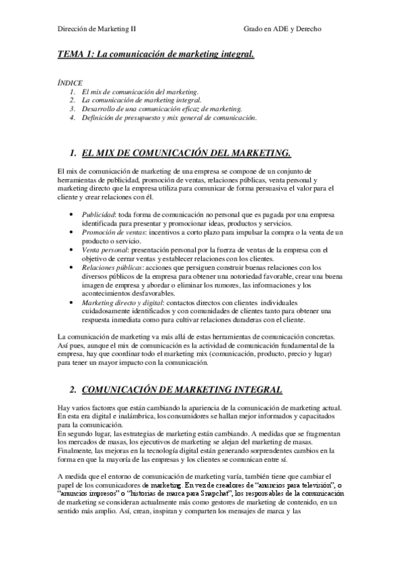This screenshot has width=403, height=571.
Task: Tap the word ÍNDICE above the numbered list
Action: point(70,82)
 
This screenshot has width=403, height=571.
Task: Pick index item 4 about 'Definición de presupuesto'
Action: point(169,116)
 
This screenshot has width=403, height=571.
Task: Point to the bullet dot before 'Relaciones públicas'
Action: point(72,267)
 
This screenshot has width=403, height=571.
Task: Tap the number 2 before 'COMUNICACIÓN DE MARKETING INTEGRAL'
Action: point(72,390)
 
